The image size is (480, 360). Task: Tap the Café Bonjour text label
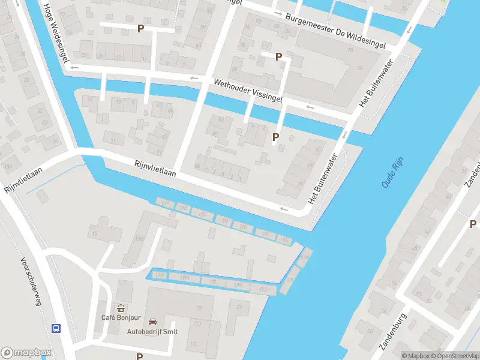click(121, 317)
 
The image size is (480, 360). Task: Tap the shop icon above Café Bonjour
click(121, 308)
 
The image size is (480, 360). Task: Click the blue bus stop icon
click(56, 328)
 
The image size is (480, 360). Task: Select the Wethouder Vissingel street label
click(246, 91)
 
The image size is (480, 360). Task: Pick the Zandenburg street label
click(394, 332)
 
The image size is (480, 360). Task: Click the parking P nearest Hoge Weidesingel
click(140, 28)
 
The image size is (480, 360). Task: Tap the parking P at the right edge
click(473, 224)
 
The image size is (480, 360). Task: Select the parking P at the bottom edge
click(139, 356)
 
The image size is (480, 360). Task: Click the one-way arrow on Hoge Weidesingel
click(74, 67)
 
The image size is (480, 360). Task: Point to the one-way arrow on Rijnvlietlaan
click(284, 209)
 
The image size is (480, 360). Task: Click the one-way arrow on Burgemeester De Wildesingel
click(277, 13)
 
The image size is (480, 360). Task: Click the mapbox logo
click(26, 352)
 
